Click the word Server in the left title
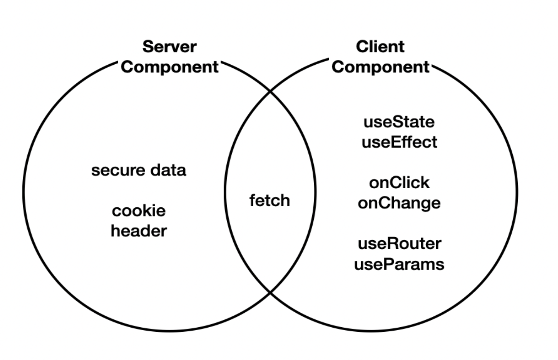tap(169, 47)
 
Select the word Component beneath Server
tap(169, 67)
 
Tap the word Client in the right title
tap(380, 47)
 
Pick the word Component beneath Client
tap(380, 67)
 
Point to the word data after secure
tap(170, 170)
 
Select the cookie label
tap(139, 211)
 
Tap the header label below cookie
tap(139, 231)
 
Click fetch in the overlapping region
tap(269, 201)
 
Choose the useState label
tap(399, 122)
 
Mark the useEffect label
tap(399, 142)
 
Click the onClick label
tap(399, 182)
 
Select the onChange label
tap(399, 203)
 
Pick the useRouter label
tap(399, 243)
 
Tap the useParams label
tap(399, 264)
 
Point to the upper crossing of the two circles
tap(270, 92)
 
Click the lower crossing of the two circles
tap(270, 293)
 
